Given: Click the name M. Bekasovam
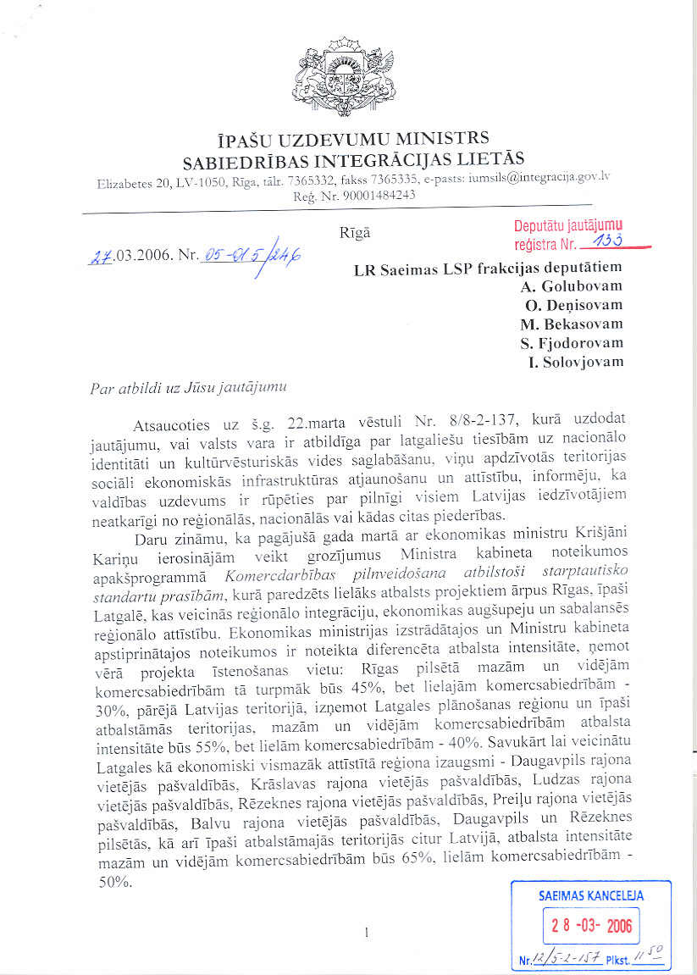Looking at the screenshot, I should pos(572,324).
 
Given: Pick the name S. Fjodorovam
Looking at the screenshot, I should pos(573,342).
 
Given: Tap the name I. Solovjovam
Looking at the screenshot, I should pos(574,362).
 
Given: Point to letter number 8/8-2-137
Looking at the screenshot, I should pos(461,419).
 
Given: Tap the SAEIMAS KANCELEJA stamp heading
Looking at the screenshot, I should pos(590,895).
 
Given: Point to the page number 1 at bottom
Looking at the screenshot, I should pos(365,933).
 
